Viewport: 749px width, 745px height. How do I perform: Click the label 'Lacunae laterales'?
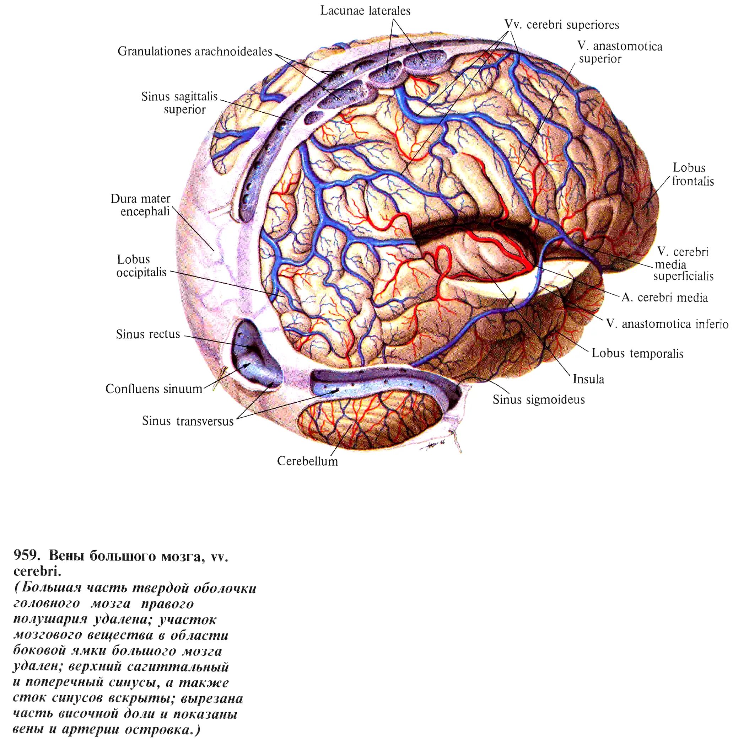365,11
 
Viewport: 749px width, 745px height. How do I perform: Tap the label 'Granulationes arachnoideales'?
195,52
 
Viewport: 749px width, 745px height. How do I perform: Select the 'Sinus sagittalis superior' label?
179,103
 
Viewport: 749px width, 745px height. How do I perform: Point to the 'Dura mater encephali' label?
140,205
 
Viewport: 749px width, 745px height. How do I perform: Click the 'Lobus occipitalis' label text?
141,266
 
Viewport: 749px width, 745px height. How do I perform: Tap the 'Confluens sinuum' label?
153,388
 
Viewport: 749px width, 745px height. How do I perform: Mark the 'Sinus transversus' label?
188,421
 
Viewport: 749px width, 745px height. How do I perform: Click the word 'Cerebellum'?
307,461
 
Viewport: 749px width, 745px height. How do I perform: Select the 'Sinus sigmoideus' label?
539,400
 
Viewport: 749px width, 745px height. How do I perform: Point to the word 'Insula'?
588,379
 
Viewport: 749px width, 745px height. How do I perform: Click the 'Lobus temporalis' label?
637,353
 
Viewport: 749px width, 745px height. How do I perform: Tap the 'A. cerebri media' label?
664,298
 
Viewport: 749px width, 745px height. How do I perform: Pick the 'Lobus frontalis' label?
692,175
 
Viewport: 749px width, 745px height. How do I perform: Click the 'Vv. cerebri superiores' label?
562,25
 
